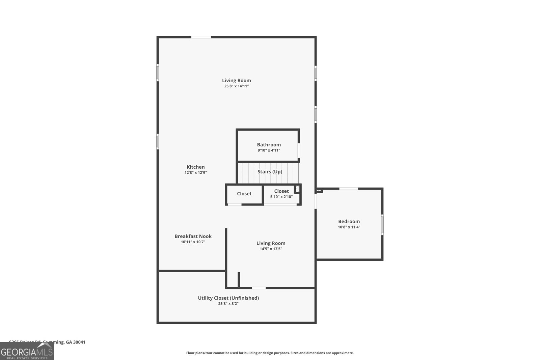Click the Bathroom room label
[x=269, y=145]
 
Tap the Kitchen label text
[x=196, y=167]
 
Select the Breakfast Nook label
[x=193, y=236]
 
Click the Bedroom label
[x=349, y=222]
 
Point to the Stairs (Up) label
[x=270, y=172]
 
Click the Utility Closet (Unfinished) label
[x=228, y=298]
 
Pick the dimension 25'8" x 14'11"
[x=236, y=86]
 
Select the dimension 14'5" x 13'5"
[x=271, y=249]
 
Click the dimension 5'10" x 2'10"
[x=281, y=197]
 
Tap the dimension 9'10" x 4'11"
[x=269, y=150]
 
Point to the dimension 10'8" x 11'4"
[x=349, y=227]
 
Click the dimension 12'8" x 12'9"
[x=196, y=173]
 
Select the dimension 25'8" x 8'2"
[x=228, y=304]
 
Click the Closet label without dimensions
[x=244, y=194]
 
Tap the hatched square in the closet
[x=297, y=189]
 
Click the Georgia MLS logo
[x=27, y=352]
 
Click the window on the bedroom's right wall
[x=382, y=224]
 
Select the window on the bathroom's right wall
[x=299, y=150]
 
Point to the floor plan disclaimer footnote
[x=270, y=353]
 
